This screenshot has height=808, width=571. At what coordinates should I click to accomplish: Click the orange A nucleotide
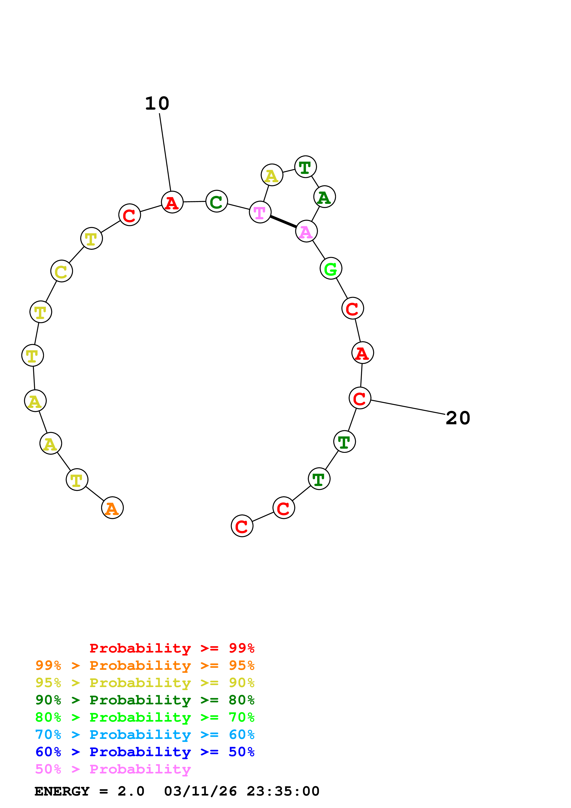pyautogui.click(x=112, y=508)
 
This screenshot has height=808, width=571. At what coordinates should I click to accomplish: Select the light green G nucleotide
pyautogui.click(x=331, y=269)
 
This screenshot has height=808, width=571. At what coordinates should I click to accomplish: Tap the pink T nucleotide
pyautogui.click(x=260, y=212)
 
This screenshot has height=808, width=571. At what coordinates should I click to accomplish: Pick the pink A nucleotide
pyautogui.click(x=306, y=231)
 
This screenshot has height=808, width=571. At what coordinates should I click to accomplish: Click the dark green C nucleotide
pyautogui.click(x=216, y=201)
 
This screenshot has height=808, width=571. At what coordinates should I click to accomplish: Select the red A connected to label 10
pyautogui.click(x=172, y=202)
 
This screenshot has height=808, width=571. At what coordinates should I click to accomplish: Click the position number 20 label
pyautogui.click(x=458, y=418)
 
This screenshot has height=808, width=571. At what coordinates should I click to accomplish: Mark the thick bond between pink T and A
pyautogui.click(x=283, y=222)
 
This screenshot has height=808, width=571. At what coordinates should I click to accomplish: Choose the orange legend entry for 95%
pyautogui.click(x=145, y=665)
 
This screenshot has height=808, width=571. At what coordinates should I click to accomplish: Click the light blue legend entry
pyautogui.click(x=145, y=735)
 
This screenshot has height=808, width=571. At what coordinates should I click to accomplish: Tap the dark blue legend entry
pyautogui.click(x=145, y=752)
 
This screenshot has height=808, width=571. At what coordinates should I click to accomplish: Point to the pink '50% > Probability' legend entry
pyautogui.click(x=113, y=769)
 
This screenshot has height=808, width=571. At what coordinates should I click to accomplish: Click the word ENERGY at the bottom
pyautogui.click(x=62, y=791)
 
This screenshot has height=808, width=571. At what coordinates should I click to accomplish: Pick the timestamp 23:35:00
pyautogui.click(x=283, y=791)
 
